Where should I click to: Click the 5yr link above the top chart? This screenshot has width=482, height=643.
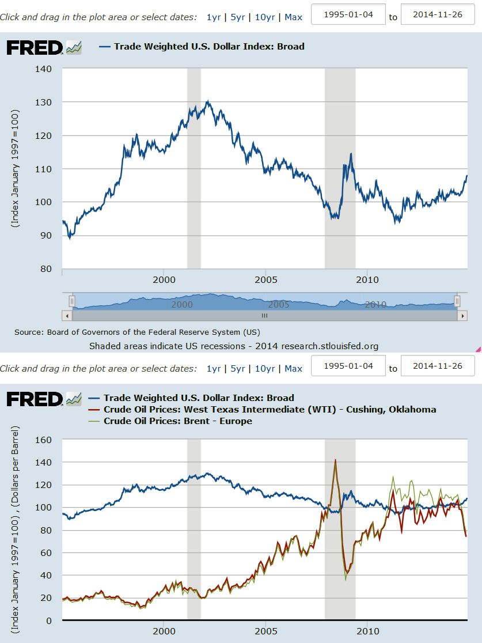pyautogui.click(x=237, y=17)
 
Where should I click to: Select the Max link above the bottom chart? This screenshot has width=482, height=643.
pyautogui.click(x=293, y=369)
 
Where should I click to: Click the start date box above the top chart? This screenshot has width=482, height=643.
pyautogui.click(x=348, y=14)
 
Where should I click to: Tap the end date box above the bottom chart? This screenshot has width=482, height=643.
pyautogui.click(x=438, y=366)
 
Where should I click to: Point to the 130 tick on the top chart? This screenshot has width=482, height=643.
pyautogui.click(x=44, y=103)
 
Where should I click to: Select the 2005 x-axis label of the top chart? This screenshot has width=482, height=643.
pyautogui.click(x=265, y=280)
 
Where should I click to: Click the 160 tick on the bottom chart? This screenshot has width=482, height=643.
pyautogui.click(x=44, y=440)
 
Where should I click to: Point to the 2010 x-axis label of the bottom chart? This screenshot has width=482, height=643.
pyautogui.click(x=367, y=631)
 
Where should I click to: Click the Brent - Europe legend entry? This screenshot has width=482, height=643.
pyautogui.click(x=177, y=421)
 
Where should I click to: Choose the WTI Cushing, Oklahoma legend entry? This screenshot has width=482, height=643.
pyautogui.click(x=270, y=410)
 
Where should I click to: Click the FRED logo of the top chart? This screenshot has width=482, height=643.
pyautogui.click(x=35, y=47)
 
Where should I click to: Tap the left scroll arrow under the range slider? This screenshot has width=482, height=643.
pyautogui.click(x=67, y=316)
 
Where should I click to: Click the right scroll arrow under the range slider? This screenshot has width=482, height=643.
pyautogui.click(x=461, y=316)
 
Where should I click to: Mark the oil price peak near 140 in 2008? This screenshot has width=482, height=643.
pyautogui.click(x=335, y=460)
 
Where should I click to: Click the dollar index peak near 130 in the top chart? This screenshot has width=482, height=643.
pyautogui.click(x=207, y=102)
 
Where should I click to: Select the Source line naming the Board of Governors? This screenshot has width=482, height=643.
pyautogui.click(x=137, y=332)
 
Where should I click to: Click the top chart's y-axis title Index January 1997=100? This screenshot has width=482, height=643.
pyautogui.click(x=16, y=168)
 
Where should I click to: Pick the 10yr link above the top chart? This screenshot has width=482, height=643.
pyautogui.click(x=264, y=17)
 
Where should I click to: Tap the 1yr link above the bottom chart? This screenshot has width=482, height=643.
pyautogui.click(x=213, y=369)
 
